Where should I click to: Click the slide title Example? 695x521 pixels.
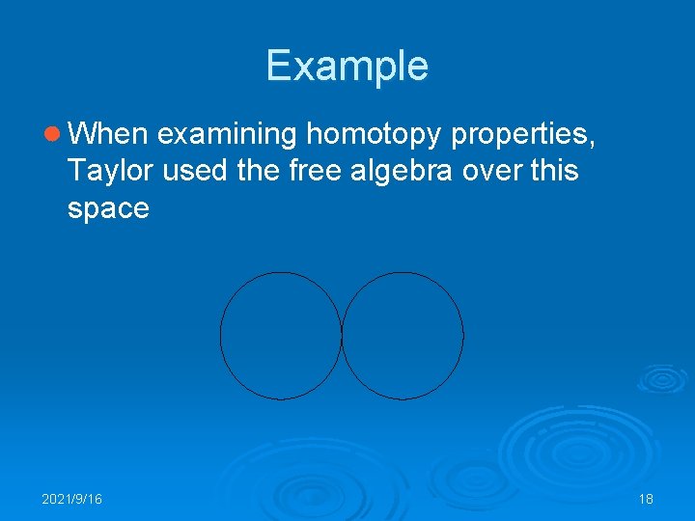tap(347, 66)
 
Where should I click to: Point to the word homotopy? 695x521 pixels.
tap(374, 134)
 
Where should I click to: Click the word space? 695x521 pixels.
tap(108, 208)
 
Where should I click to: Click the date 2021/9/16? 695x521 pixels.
tap(72, 499)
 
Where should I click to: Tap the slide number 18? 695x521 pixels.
tap(646, 499)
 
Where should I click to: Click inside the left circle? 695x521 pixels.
tap(281, 336)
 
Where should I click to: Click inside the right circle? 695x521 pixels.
tap(403, 336)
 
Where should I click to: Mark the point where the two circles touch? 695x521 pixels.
tap(342, 336)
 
